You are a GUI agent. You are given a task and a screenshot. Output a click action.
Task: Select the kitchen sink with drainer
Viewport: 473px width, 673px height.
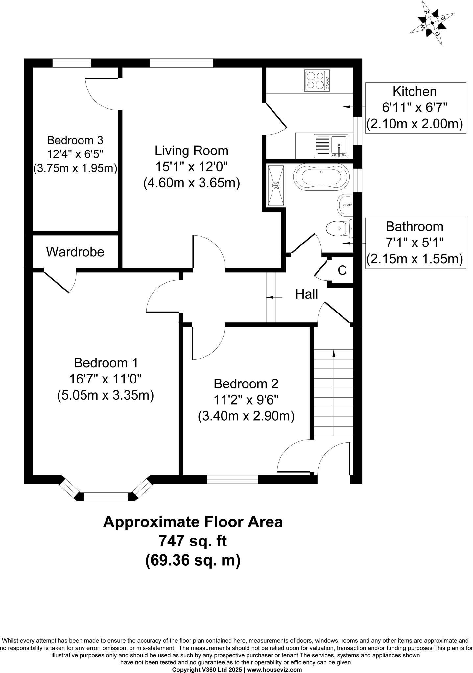pyautogui.click(x=331, y=146)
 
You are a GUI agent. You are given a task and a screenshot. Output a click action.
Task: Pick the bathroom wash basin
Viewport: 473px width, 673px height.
pyautogui.click(x=345, y=205)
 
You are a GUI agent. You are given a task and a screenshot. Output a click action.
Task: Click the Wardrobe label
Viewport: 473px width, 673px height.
pyautogui.click(x=75, y=252)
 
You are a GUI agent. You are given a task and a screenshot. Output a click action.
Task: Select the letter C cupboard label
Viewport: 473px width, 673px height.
pyautogui.click(x=342, y=270)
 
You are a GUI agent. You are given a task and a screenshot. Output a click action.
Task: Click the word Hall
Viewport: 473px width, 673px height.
pyautogui.click(x=306, y=294)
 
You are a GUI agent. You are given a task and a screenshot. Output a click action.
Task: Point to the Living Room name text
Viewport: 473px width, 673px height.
pyautogui.click(x=192, y=151)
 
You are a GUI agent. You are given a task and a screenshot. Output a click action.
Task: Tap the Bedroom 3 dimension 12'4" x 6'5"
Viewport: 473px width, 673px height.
pyautogui.click(x=75, y=154)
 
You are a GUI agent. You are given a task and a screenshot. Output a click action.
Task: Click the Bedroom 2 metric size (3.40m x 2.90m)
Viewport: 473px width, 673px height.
pyautogui.click(x=246, y=416)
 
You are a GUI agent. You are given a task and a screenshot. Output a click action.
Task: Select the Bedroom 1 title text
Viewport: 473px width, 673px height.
pyautogui.click(x=106, y=363)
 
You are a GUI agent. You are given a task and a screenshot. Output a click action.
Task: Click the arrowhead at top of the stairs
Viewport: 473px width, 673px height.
pyautogui.click(x=334, y=353)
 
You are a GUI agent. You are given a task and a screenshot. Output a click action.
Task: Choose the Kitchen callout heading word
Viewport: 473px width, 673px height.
pyautogui.click(x=415, y=91)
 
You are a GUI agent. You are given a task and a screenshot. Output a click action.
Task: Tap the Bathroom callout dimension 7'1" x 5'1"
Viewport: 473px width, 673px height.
pyautogui.click(x=414, y=243)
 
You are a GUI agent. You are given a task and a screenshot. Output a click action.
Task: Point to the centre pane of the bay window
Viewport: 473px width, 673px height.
pyautogui.click(x=106, y=497)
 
